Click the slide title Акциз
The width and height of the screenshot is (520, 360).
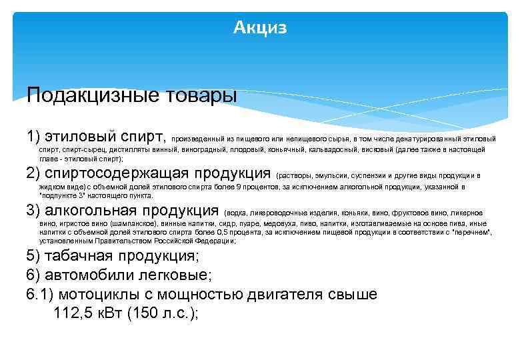[260, 28]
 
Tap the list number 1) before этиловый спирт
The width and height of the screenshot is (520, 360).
[35, 137]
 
